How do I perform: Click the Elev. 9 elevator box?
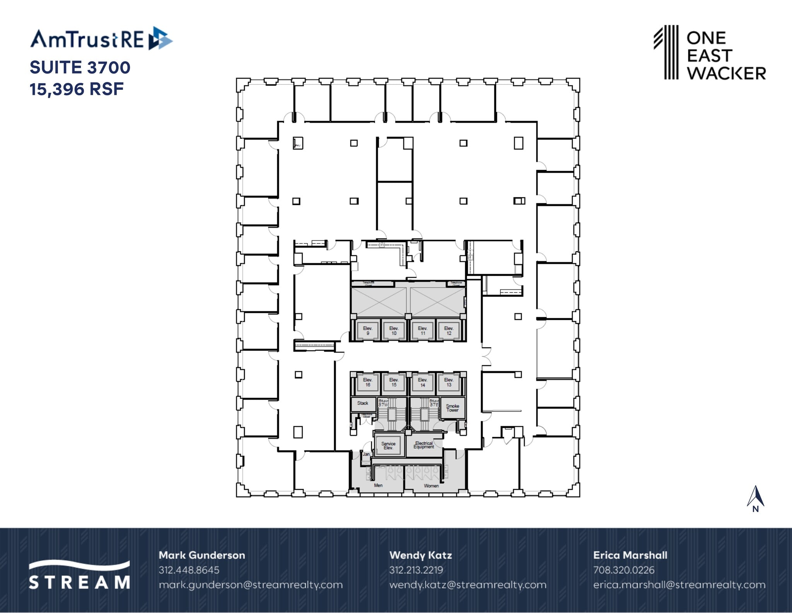367,330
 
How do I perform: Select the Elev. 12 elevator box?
449,330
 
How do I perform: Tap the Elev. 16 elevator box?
367,382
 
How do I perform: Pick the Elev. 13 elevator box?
449,382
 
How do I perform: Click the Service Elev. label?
388,445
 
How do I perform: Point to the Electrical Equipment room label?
424,445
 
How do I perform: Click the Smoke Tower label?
452,408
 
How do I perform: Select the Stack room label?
363,403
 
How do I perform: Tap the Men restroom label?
378,485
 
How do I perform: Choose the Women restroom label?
431,486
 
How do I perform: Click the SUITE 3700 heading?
80,67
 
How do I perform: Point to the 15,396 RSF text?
77,89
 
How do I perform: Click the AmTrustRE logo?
101,39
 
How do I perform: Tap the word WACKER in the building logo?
726,73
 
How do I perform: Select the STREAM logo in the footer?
79,575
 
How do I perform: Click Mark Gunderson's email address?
251,585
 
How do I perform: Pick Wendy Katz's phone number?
416,570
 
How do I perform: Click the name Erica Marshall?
630,555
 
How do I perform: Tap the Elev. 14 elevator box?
423,382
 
